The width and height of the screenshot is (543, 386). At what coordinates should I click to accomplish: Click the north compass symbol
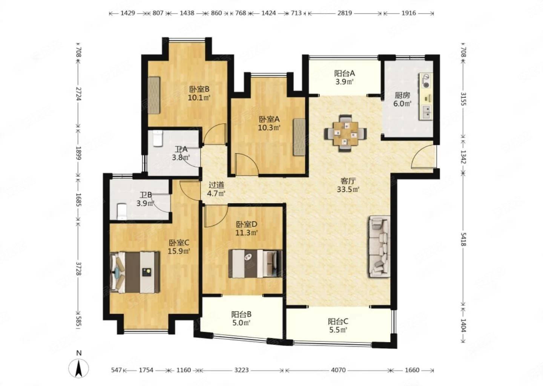[x=78, y=367]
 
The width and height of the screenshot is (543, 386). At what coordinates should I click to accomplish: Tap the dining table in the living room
[x=345, y=133]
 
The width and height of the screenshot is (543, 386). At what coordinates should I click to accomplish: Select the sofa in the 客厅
[x=379, y=247]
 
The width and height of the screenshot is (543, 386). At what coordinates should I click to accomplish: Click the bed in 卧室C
[x=135, y=272]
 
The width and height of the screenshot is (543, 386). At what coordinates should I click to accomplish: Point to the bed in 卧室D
[x=255, y=263]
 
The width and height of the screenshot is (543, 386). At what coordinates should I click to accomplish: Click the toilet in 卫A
[x=158, y=138]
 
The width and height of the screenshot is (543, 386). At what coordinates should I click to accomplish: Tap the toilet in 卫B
[x=122, y=211]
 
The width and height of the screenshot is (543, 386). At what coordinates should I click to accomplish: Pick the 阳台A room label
[x=345, y=73]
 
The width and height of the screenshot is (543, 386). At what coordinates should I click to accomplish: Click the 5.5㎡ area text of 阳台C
[x=338, y=330]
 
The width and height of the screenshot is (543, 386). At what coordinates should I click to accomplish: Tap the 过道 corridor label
[x=216, y=185]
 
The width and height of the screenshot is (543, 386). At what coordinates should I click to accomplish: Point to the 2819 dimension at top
[x=345, y=13]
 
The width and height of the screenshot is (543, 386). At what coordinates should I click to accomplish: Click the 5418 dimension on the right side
[x=463, y=239]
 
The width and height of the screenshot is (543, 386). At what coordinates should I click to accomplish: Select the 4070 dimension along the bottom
[x=338, y=370]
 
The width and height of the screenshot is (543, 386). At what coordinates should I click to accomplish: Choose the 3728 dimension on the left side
[x=78, y=268]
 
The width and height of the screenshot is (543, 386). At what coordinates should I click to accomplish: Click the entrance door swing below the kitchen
[x=423, y=156]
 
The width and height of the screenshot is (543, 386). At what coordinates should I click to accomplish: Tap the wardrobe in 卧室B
[x=154, y=95]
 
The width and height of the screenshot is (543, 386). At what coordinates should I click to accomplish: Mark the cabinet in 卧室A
[x=299, y=137]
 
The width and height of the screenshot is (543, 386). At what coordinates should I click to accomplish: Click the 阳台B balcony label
[x=241, y=314]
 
